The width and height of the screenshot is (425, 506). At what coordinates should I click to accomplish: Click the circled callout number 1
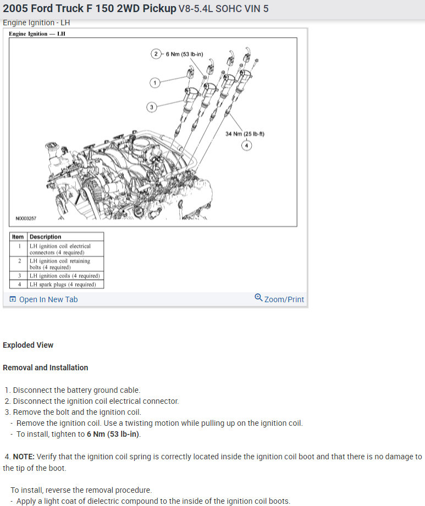155,82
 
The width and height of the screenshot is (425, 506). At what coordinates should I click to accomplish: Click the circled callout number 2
156,54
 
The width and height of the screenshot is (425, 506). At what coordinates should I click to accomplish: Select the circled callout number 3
152,107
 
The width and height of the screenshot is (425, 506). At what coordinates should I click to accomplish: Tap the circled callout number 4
247,145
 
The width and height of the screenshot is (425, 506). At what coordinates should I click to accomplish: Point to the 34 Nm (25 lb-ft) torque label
245,134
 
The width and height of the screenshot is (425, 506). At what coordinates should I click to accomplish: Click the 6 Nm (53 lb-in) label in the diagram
185,54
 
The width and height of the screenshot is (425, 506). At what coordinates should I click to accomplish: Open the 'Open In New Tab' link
48,299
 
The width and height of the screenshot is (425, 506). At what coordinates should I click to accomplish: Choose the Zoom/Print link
284,299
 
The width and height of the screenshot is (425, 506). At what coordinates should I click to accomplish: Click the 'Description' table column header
45,237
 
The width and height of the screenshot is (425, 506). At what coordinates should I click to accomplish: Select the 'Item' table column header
18,237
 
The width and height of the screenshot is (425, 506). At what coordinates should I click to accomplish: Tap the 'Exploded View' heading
28,345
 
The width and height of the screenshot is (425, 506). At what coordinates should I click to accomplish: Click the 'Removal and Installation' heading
45,368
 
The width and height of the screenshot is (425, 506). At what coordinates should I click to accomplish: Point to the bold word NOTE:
24,457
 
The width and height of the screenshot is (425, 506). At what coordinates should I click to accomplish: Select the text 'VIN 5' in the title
256,9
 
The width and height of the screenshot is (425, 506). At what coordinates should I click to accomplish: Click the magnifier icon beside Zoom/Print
258,298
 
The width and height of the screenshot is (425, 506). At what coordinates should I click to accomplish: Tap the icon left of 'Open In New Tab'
13,299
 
